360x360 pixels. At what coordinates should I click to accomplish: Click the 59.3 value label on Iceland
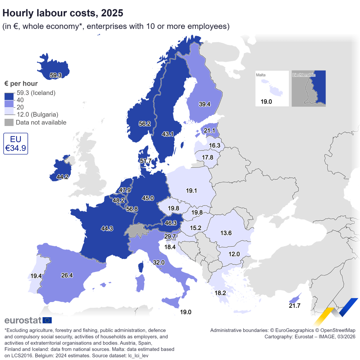pos(56,75)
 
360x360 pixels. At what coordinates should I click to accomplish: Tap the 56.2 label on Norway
pos(145,123)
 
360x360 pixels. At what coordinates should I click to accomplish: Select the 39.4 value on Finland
pos(204,104)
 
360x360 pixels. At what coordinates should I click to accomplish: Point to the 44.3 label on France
pos(107,228)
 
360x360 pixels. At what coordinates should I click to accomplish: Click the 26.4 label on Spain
pos(67,275)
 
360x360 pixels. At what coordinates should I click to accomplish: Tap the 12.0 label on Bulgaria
pos(234,254)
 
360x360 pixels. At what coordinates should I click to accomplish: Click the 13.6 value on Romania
pos(226,233)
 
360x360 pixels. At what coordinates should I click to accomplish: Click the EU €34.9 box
pos(15,144)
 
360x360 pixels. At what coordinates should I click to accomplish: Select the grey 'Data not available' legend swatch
pos(9,122)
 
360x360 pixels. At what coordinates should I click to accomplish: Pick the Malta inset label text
pos(261,75)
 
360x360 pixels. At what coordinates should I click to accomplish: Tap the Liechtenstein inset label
pos(304,75)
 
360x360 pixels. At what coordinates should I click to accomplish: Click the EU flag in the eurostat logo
pos(47,320)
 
